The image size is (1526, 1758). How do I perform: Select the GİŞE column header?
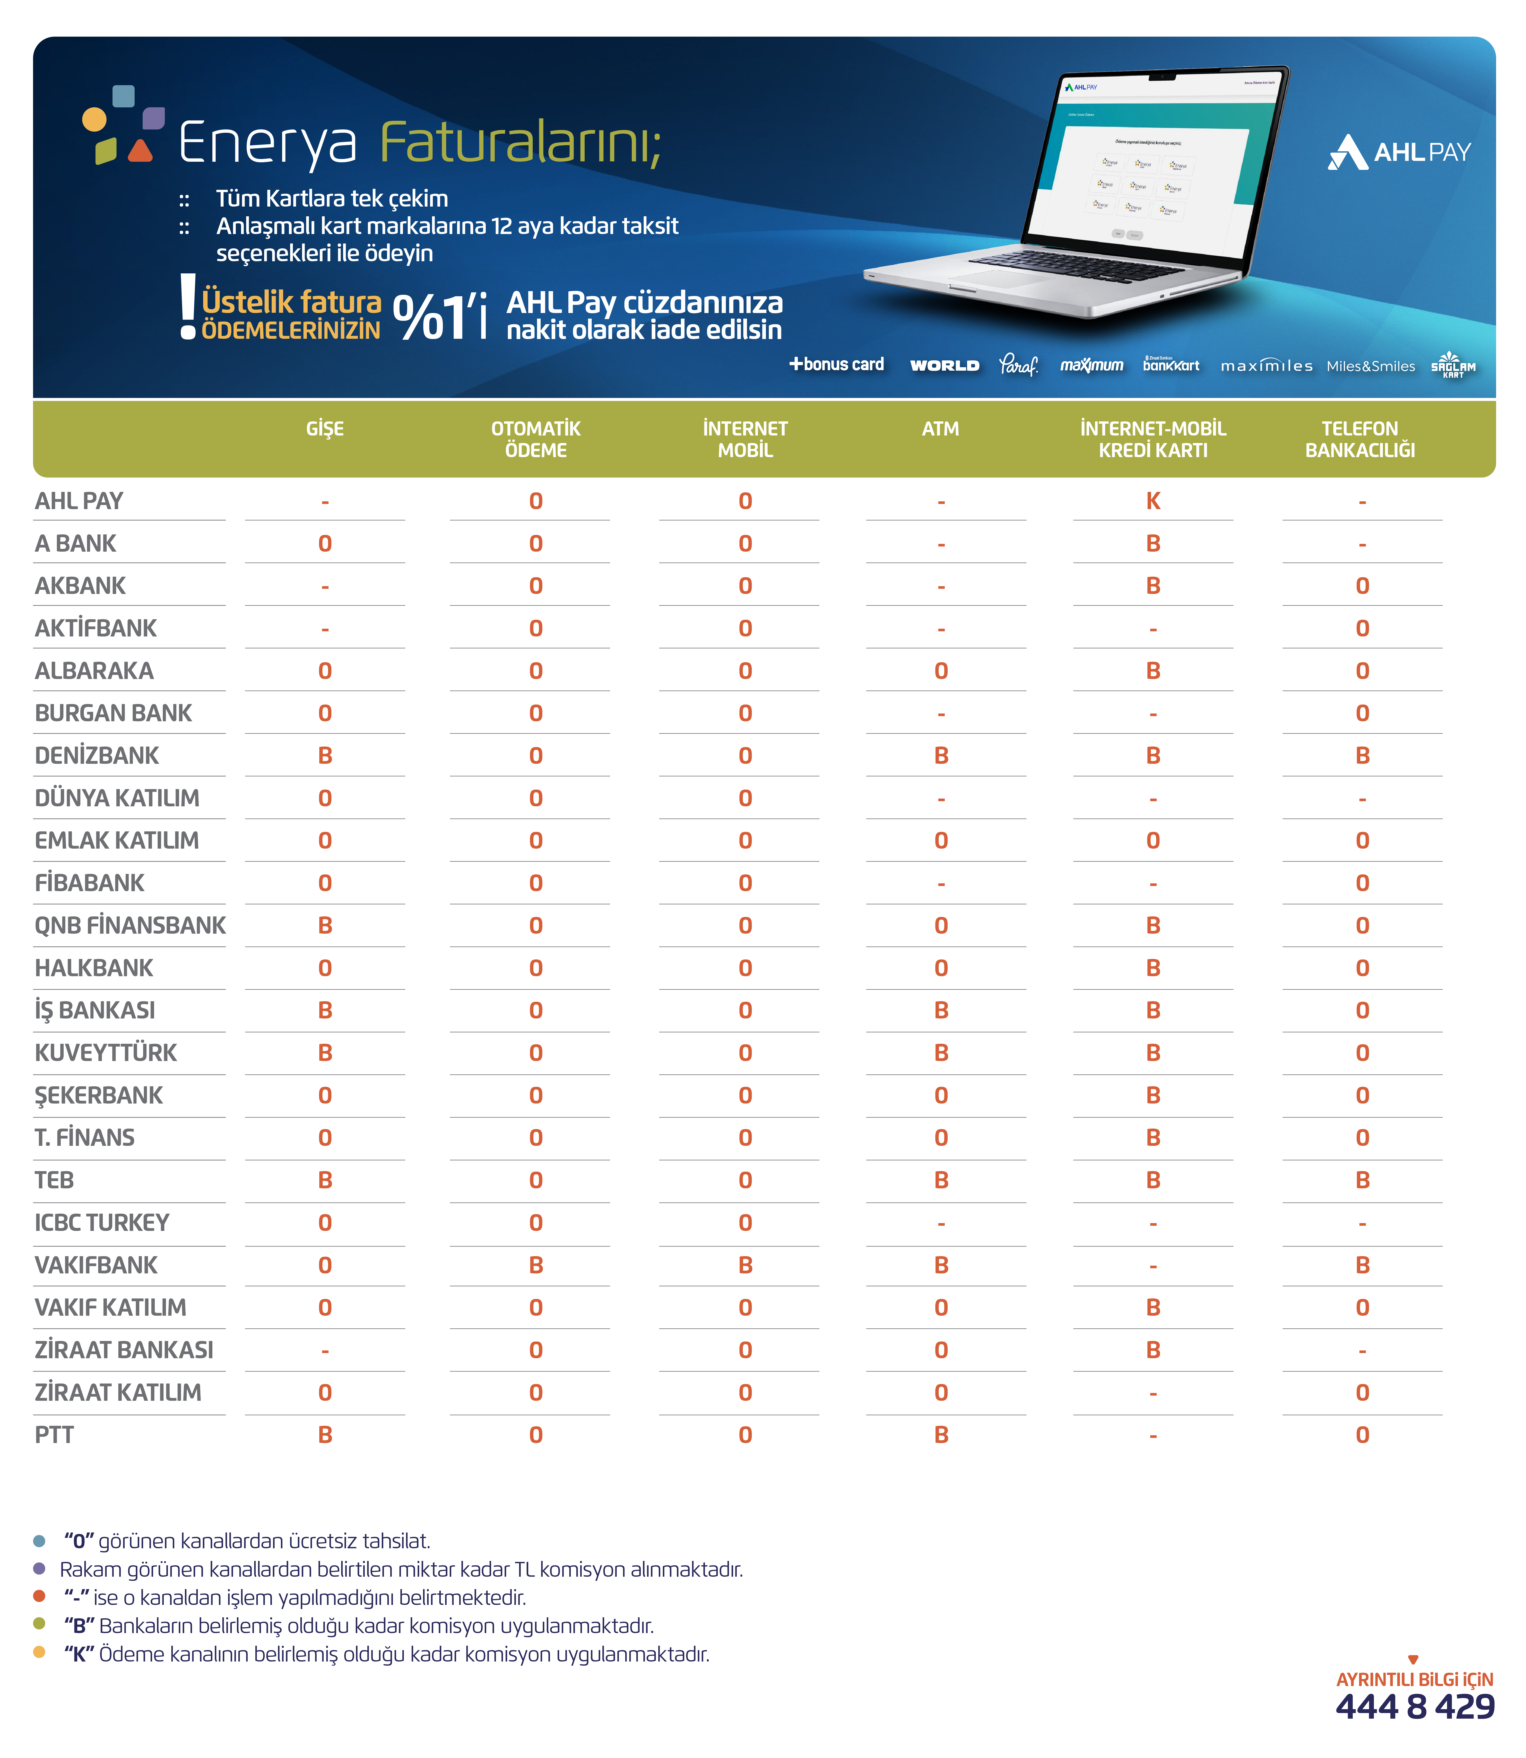click(324, 428)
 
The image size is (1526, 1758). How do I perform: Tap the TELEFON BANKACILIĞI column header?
click(1360, 439)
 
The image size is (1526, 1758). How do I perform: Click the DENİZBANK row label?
click(97, 756)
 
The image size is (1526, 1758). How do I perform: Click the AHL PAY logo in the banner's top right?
click(1399, 152)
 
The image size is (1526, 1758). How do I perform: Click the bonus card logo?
click(836, 365)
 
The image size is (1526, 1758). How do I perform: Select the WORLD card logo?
click(944, 366)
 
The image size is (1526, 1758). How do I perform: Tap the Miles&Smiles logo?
click(1370, 366)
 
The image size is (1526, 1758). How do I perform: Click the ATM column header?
click(940, 428)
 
